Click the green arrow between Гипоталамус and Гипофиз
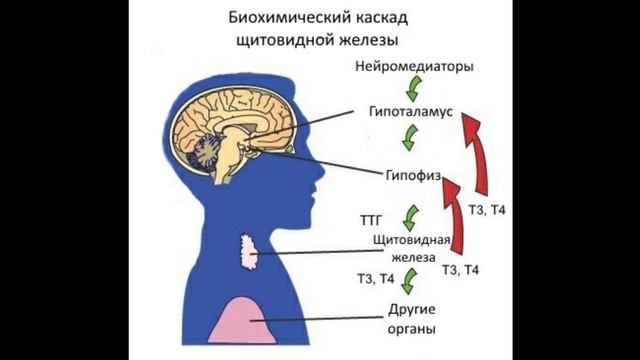[408, 139]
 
